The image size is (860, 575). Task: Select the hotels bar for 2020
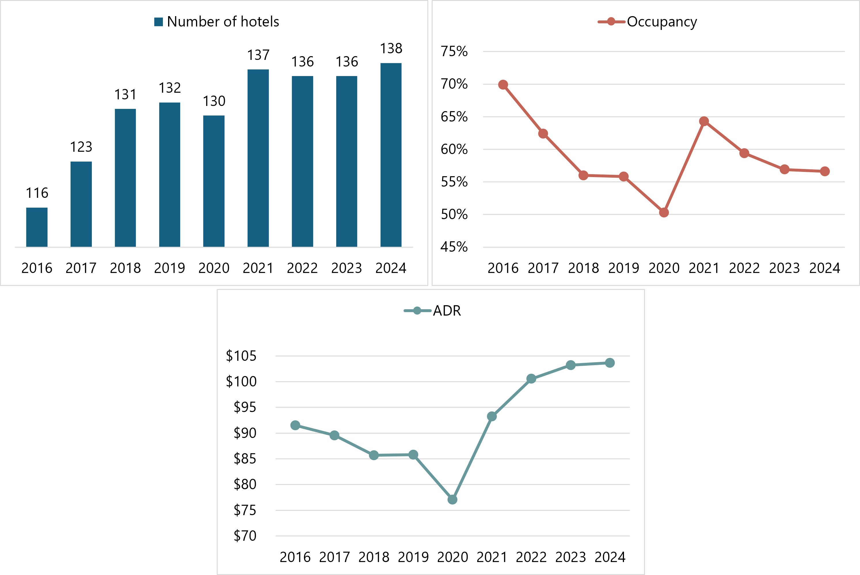coord(214,181)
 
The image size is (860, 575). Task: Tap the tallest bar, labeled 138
coord(391,155)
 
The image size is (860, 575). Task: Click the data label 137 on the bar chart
coord(258,55)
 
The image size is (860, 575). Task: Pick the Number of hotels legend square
coord(158,22)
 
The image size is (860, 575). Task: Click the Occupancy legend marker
coord(611,22)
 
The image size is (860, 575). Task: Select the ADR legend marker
coord(417,311)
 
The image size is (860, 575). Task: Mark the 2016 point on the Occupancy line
coord(503,85)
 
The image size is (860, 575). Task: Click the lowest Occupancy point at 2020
coord(664,212)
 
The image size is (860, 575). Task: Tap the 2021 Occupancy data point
coord(704,122)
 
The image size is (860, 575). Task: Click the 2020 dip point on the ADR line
coord(452,500)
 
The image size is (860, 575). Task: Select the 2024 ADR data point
coord(610,363)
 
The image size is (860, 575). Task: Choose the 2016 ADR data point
coord(295,425)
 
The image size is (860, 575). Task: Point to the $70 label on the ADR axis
coord(245,536)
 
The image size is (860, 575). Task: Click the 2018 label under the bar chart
coord(125,268)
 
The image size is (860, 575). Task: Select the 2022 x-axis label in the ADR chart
coord(531,557)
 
